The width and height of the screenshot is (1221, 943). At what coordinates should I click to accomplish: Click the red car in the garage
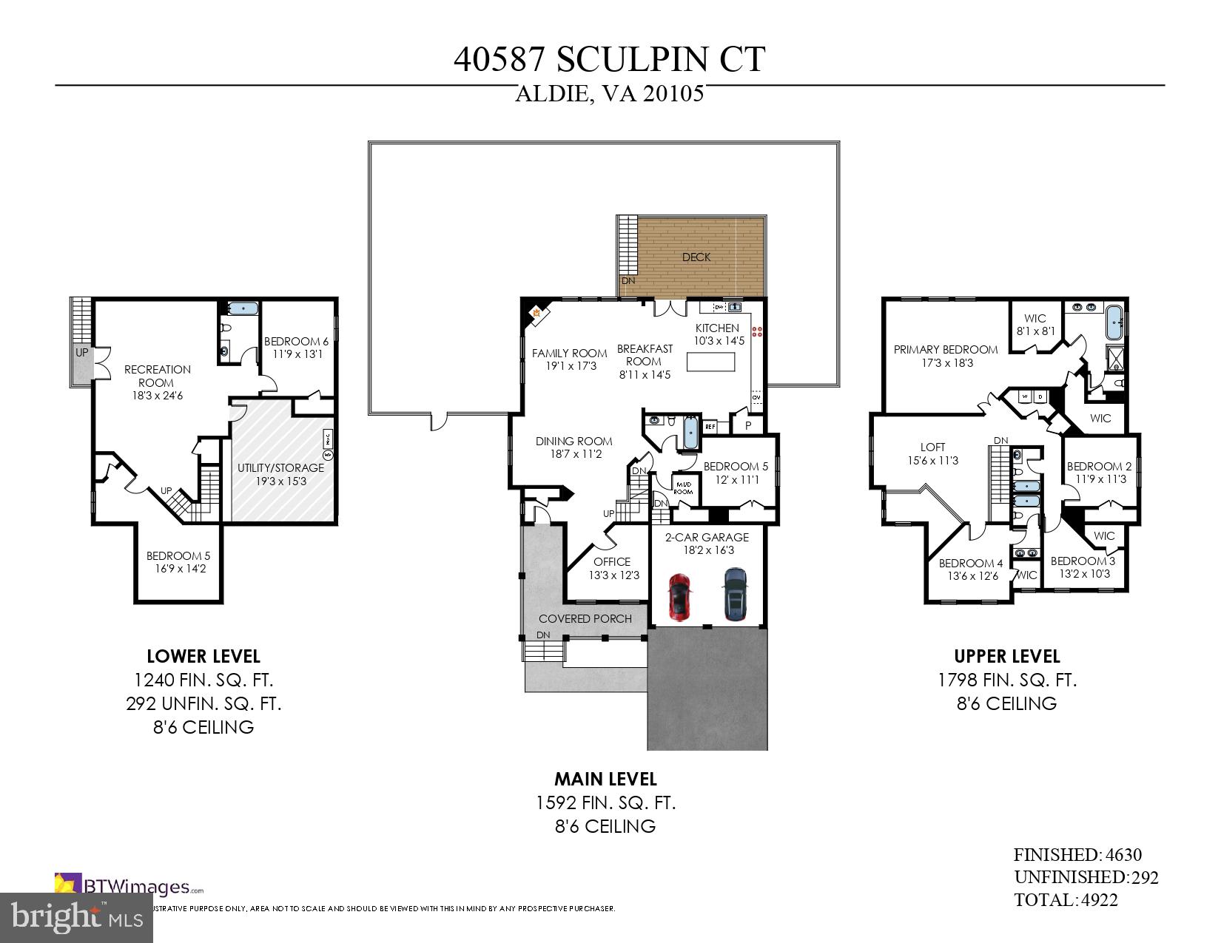point(679,596)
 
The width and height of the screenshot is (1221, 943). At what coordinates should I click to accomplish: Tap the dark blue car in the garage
point(734,594)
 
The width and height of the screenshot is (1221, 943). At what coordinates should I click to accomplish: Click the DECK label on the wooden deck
point(696,257)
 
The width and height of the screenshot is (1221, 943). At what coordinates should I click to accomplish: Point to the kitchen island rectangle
point(711,362)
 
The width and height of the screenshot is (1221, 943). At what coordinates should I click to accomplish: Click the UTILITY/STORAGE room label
point(280,468)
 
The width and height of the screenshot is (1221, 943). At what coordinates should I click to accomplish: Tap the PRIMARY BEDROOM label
point(945,350)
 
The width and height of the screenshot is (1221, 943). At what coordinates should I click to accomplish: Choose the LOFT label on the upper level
point(932,447)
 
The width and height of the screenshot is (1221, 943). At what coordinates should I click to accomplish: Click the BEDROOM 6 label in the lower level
point(296,342)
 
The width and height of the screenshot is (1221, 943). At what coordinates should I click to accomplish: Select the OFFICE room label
point(612,562)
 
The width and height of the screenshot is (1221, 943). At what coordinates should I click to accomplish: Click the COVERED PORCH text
point(585,619)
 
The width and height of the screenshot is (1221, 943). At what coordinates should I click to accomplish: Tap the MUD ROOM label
point(682,487)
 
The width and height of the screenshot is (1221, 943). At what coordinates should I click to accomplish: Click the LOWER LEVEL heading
point(203,656)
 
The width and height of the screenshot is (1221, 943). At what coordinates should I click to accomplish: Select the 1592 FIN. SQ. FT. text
point(605,802)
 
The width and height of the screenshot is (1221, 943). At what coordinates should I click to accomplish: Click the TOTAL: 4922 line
point(1066,900)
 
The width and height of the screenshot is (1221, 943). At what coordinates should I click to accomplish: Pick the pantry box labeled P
point(748,425)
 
